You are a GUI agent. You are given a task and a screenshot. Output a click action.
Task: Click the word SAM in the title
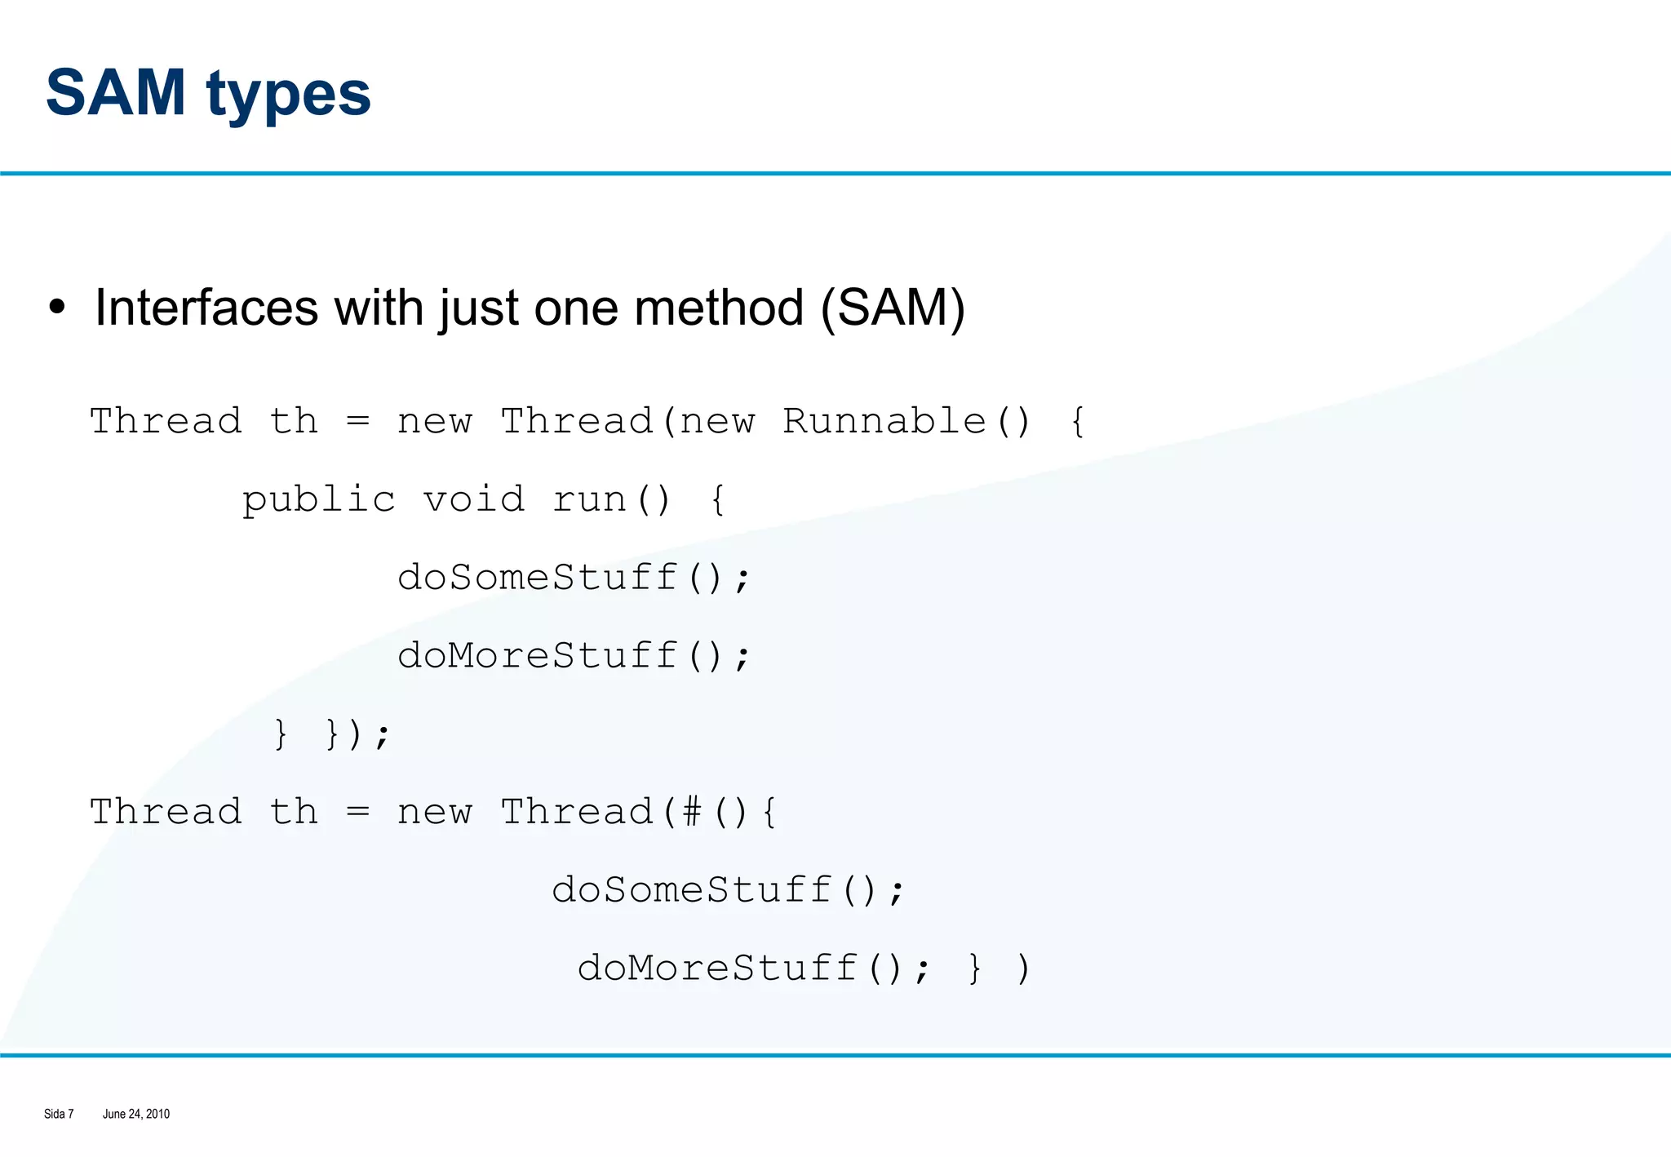point(116,93)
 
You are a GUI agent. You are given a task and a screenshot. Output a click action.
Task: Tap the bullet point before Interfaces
point(56,308)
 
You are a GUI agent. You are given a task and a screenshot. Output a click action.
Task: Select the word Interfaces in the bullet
point(206,308)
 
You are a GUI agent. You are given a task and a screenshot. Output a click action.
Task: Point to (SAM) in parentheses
point(893,308)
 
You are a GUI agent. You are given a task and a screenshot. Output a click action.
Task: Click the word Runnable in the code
point(884,422)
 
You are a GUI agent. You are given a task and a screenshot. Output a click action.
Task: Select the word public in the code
point(318,500)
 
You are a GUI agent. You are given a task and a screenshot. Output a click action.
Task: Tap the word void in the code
point(473,499)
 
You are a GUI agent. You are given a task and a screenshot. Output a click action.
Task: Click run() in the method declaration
point(611,499)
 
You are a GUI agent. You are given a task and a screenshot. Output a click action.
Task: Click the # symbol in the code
point(692,812)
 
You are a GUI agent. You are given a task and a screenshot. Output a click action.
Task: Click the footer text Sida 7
point(59,1114)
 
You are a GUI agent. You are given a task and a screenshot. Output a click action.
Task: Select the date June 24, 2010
point(136,1114)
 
